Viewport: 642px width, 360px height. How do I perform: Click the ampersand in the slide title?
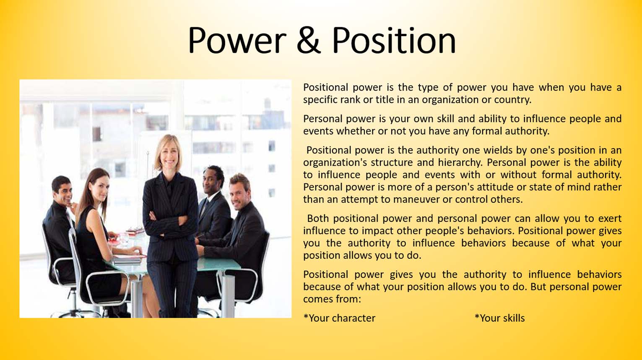click(x=308, y=40)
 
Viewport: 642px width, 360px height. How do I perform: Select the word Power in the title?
click(x=237, y=40)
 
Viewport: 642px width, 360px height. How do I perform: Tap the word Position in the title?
click(x=393, y=40)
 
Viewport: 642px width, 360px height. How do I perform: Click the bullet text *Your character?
click(x=339, y=318)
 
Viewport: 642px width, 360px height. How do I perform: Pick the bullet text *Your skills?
click(x=499, y=318)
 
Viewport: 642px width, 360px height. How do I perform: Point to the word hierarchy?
click(x=461, y=163)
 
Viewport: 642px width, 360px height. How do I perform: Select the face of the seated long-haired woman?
click(x=99, y=189)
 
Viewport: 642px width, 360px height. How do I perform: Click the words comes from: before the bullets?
click(x=332, y=299)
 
